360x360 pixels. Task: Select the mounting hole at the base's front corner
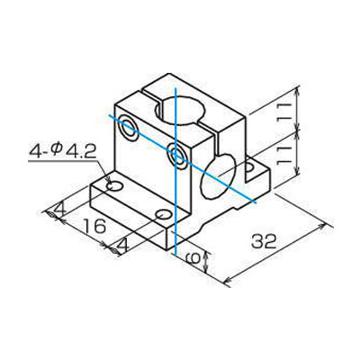[x=163, y=216]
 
